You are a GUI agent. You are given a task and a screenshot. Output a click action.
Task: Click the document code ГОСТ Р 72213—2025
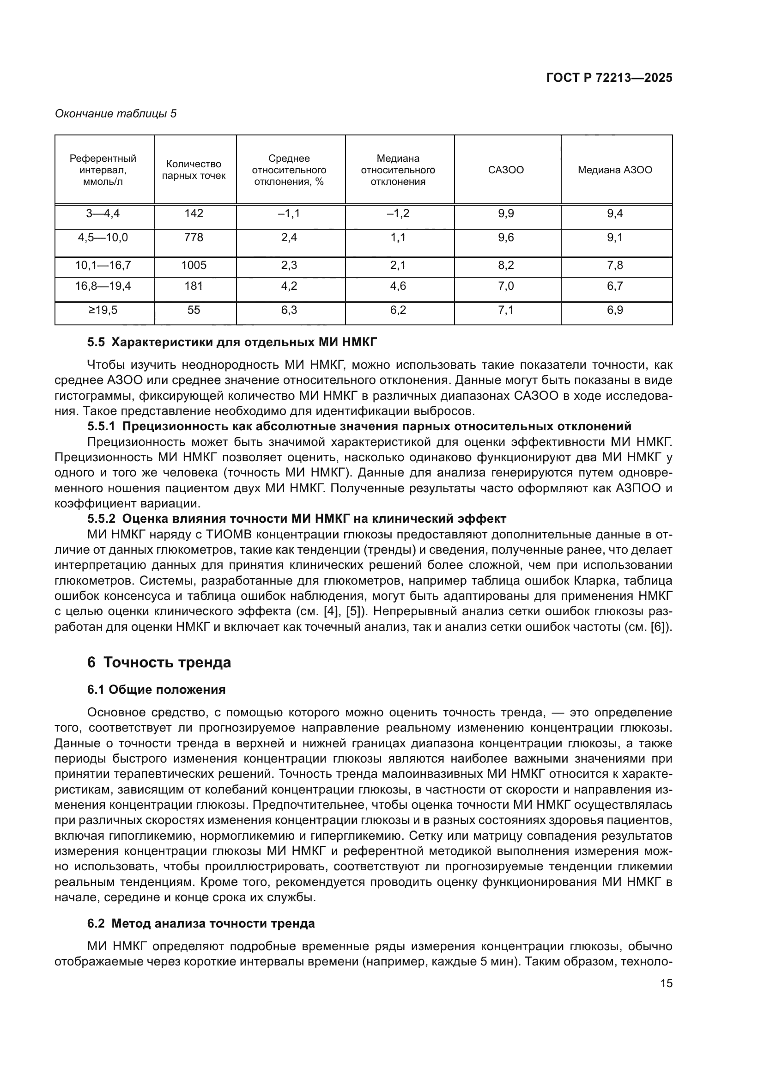[x=609, y=78]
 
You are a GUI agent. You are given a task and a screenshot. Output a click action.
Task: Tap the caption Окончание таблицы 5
[x=116, y=114]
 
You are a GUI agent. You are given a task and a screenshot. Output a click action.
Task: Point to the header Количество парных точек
[x=194, y=170]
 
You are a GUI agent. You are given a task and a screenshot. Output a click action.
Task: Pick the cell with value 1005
[x=194, y=266]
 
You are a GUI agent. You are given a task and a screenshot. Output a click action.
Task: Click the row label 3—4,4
[x=103, y=214]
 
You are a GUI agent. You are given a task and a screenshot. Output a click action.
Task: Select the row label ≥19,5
[x=103, y=310]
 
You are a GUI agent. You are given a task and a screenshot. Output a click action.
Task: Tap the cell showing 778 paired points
[x=194, y=238]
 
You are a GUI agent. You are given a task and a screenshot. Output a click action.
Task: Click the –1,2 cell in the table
[x=398, y=214]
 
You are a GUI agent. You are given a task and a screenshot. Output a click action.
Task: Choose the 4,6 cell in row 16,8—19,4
[x=398, y=286]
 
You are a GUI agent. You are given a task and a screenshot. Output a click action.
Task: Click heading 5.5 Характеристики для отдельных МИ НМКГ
[x=232, y=342]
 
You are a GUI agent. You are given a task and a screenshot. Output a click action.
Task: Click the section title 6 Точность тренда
[x=159, y=663]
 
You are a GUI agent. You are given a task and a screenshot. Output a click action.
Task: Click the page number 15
[x=666, y=983]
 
